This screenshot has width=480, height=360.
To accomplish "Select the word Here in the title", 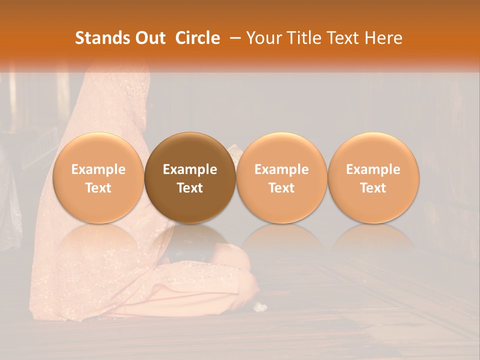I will [382, 38].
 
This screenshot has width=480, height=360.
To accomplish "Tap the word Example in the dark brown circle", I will [190, 169].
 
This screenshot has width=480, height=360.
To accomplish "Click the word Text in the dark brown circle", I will [190, 188].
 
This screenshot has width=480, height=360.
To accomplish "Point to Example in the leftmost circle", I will [98, 169].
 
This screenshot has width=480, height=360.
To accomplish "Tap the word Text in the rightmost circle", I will [373, 188].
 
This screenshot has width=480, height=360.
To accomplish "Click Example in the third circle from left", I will [281, 169].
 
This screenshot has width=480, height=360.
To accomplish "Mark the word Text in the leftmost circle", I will [98, 188].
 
